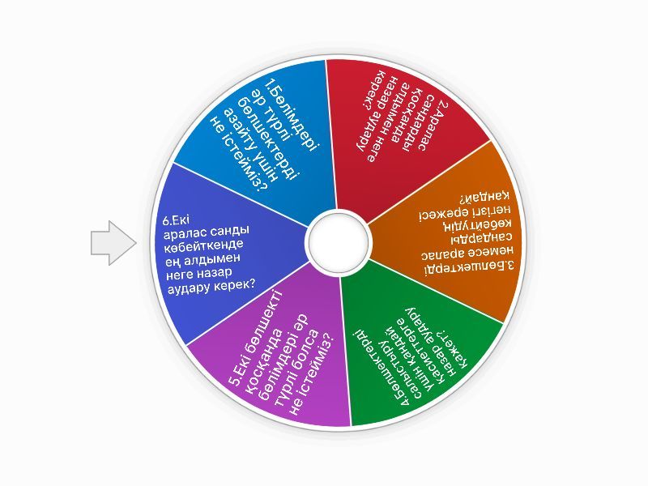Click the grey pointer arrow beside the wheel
click(x=113, y=243)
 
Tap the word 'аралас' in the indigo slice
click(x=185, y=234)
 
